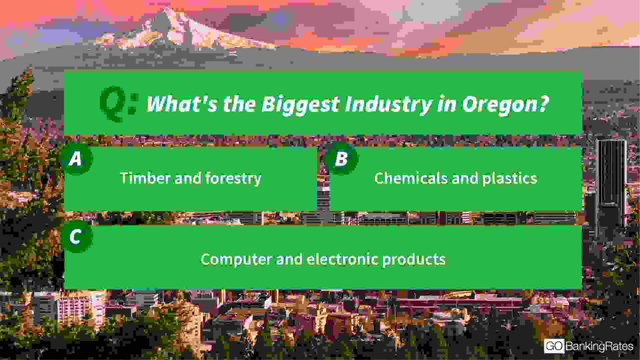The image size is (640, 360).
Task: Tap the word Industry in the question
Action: [x=388, y=105]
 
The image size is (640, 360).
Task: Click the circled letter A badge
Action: [x=76, y=159]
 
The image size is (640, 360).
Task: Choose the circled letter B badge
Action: [x=341, y=159]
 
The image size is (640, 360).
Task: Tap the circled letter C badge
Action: [x=76, y=237]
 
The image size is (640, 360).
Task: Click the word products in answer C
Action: [x=414, y=259]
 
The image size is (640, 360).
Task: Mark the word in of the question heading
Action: [x=447, y=104]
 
